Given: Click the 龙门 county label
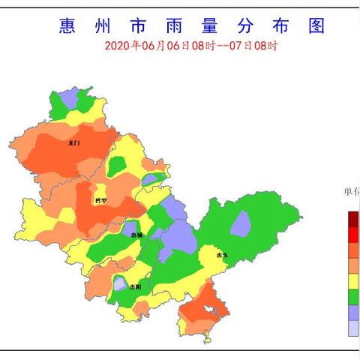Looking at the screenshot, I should coord(73,142).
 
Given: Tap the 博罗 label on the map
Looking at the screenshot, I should coord(100,200).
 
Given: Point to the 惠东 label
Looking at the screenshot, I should coord(221,255).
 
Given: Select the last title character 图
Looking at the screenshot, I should coord(316,26).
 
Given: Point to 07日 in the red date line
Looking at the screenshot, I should coord(241,46).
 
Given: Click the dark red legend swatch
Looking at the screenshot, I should coord(352,218).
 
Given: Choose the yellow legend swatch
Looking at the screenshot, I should coord(352,281).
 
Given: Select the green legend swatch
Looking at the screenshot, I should coord(352,297).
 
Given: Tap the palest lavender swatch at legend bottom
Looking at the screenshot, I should coord(352,328).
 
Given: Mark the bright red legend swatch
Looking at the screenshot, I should coord(352,234).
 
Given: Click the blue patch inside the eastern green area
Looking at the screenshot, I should coord(240,223).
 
